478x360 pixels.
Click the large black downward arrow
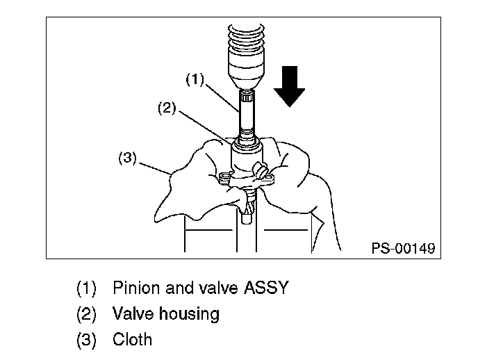(x=288, y=85)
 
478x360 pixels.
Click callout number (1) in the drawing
(x=195, y=80)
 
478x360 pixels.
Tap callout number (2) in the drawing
(x=167, y=109)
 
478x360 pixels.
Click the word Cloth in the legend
(x=132, y=339)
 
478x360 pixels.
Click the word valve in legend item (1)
(x=202, y=288)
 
